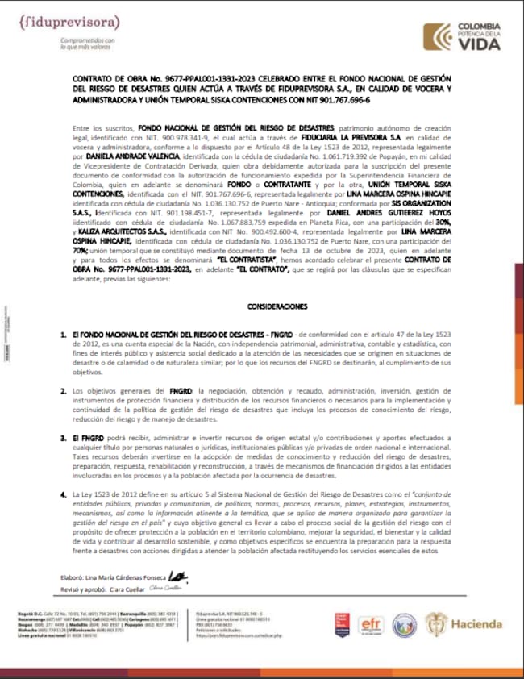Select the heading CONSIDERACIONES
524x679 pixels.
[x=277, y=307]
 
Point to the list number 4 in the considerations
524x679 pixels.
[x=63, y=494]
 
